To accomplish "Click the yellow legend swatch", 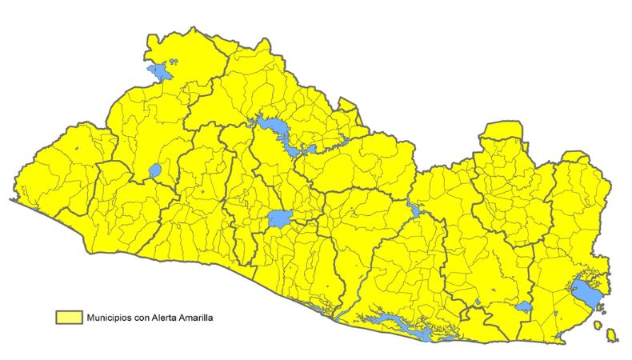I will coord(69,318).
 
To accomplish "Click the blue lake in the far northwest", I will coord(161,73).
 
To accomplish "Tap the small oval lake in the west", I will coord(154,171).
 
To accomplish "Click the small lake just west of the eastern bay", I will coord(524,306).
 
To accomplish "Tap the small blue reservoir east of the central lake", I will coord(414,210).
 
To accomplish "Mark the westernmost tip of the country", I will coord(11,200).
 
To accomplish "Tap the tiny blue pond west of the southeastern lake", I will coord(477,302).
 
